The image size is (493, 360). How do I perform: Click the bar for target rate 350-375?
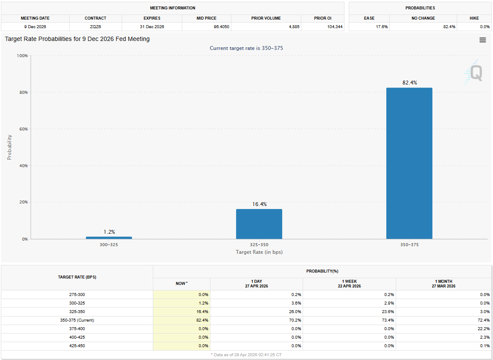click(x=409, y=163)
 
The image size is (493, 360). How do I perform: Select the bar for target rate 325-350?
click(x=259, y=224)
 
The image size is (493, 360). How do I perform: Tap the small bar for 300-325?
click(x=109, y=238)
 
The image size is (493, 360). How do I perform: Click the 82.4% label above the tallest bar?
click(x=409, y=83)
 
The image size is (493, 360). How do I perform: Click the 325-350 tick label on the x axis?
click(x=259, y=245)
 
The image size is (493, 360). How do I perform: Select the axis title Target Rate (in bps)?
click(x=259, y=252)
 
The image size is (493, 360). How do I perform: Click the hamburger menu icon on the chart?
click(x=483, y=40)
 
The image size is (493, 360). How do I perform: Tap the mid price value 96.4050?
click(x=207, y=26)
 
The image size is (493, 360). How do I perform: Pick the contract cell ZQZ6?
click(x=95, y=26)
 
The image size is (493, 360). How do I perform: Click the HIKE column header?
click(x=473, y=18)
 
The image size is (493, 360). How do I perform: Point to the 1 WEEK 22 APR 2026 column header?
click(x=349, y=284)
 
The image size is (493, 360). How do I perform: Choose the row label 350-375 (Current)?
click(x=77, y=320)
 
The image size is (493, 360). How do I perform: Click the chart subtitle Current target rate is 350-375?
click(x=246, y=48)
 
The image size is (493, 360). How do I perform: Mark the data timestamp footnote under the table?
click(x=246, y=354)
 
